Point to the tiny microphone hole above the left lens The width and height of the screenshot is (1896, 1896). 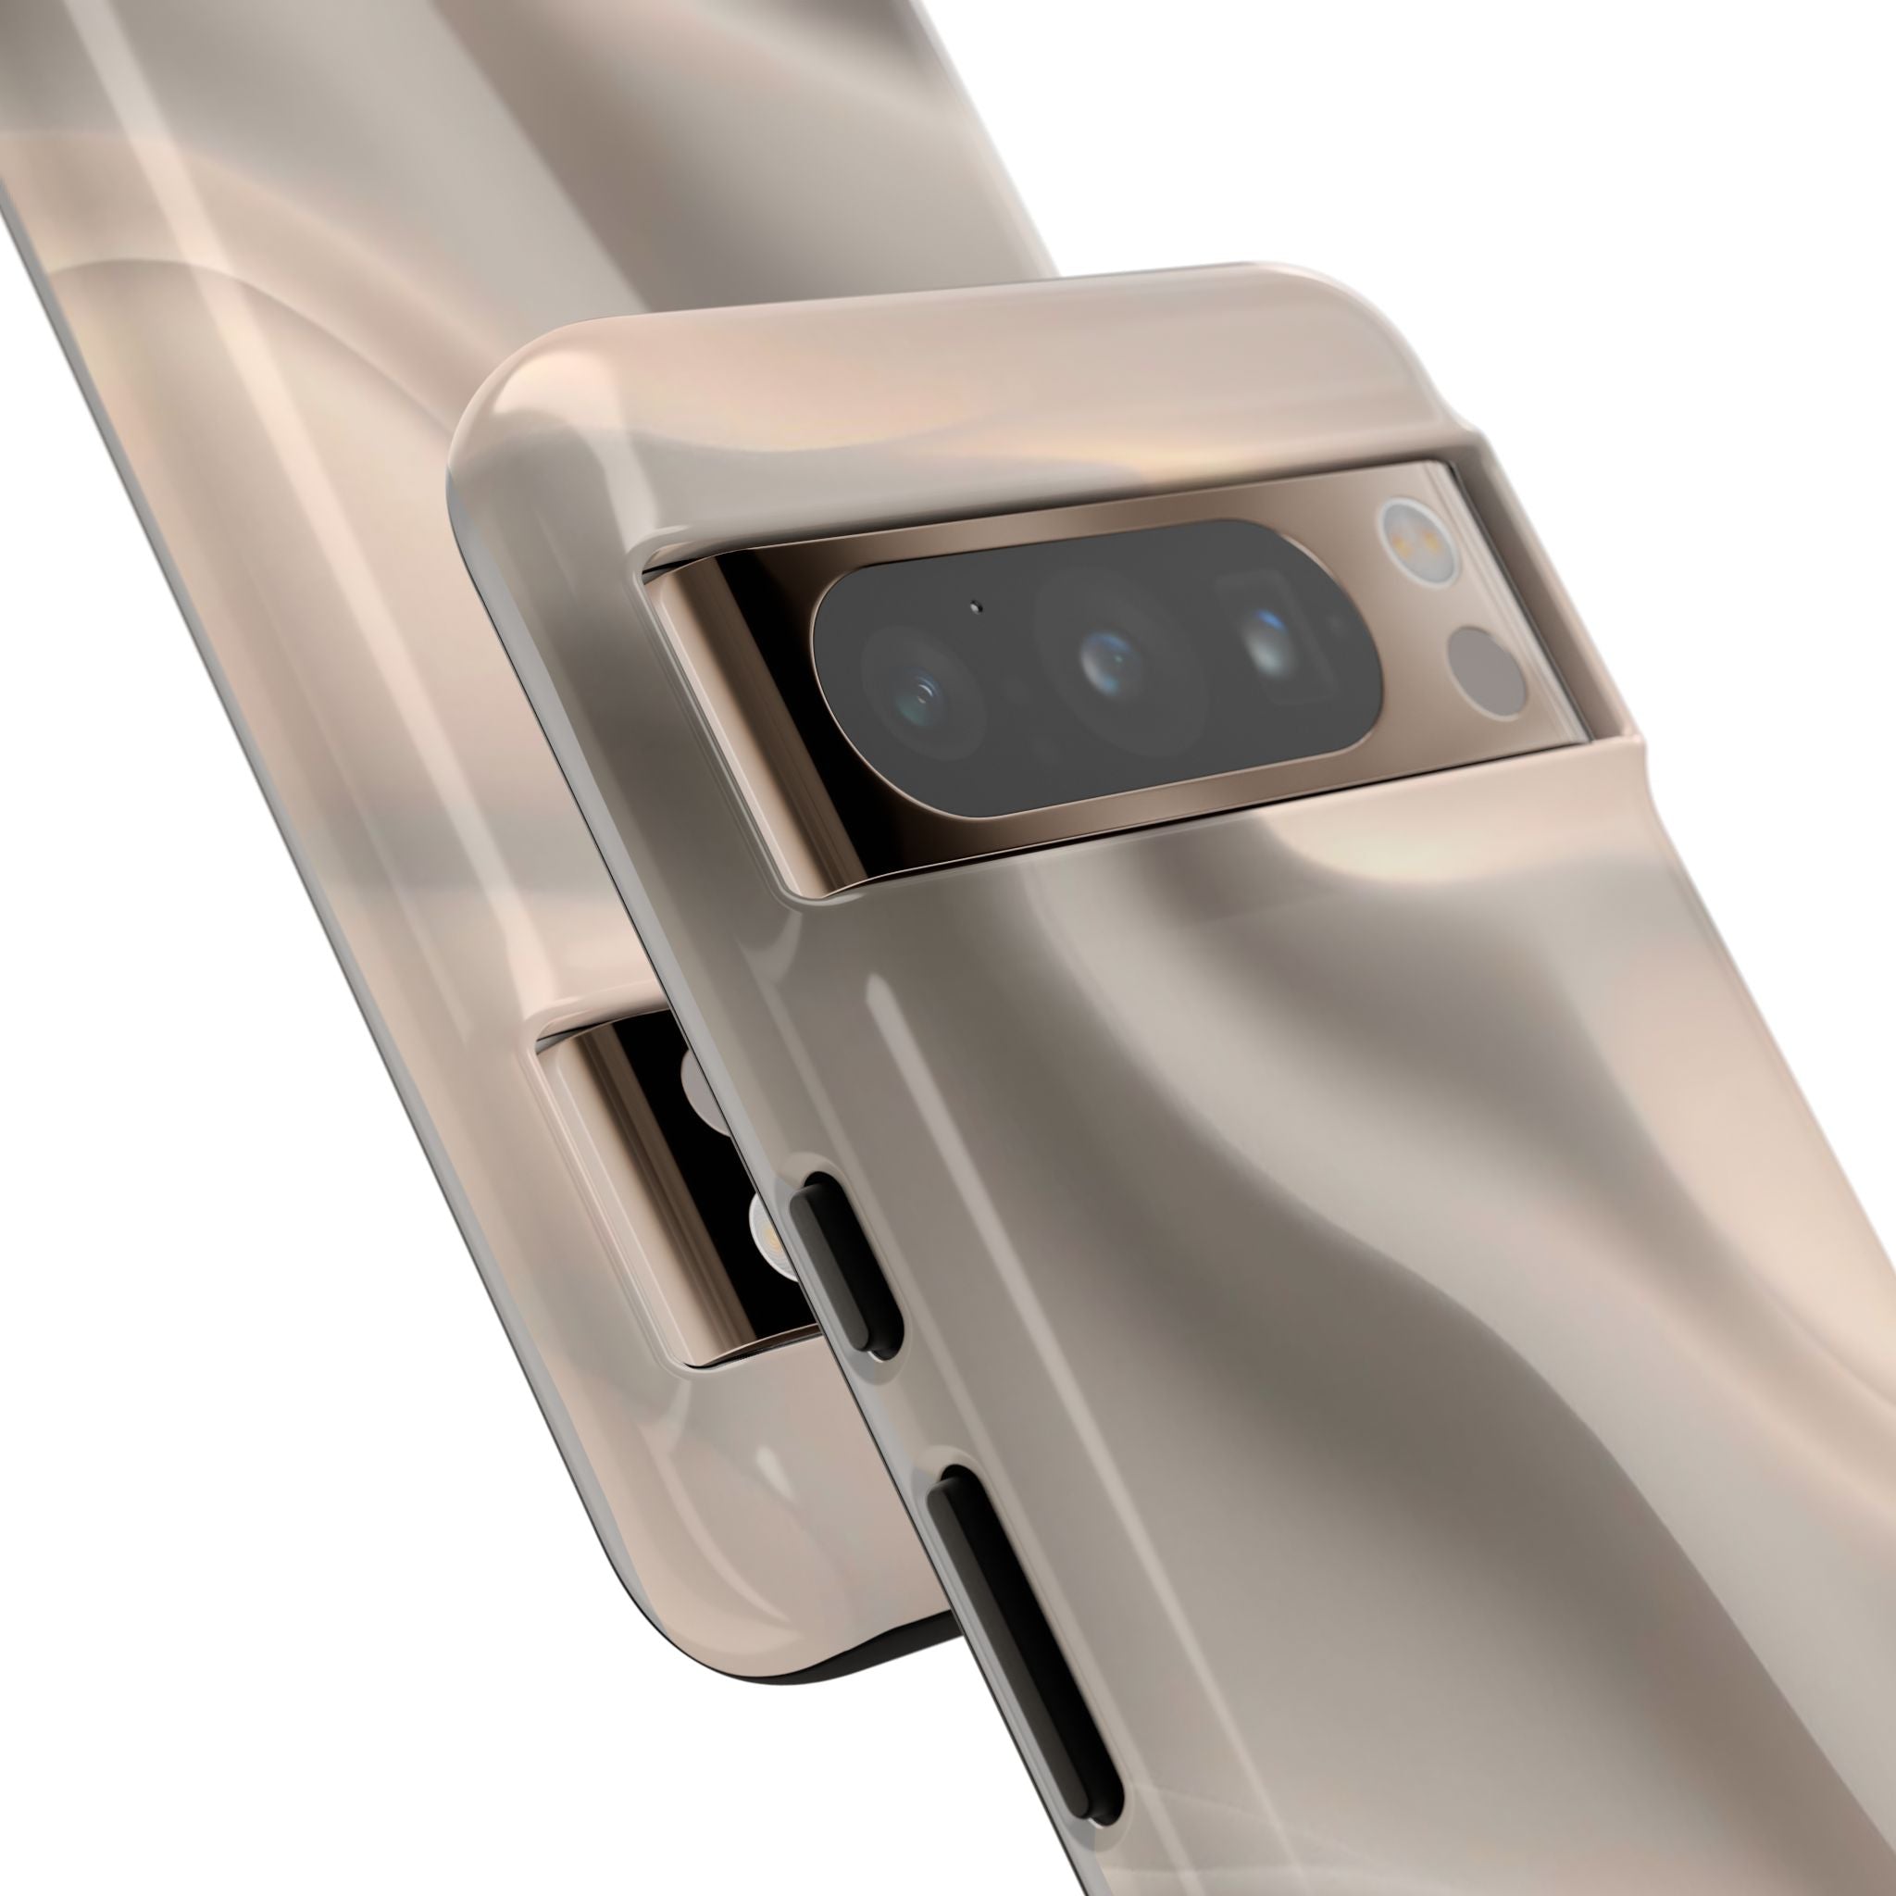tap(976, 606)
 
